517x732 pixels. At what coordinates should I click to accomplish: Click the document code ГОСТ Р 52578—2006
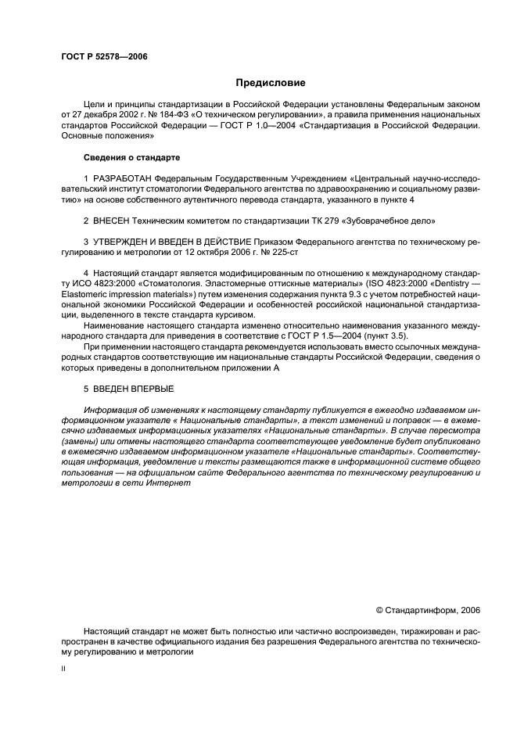click(x=103, y=56)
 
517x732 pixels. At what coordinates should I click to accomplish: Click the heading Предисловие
click(x=271, y=82)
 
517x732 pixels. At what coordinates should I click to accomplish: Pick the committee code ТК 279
click(x=323, y=221)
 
